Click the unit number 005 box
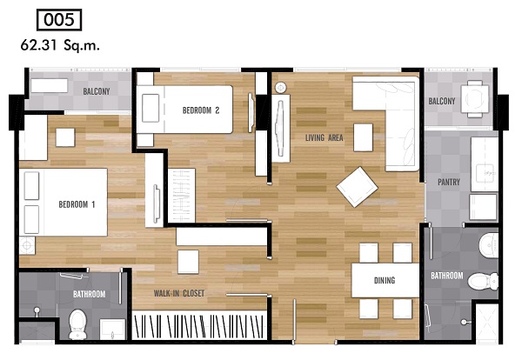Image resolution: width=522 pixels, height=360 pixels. [59, 20]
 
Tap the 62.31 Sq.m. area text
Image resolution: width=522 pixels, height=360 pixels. [60, 45]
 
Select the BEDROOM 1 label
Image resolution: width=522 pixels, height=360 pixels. [77, 204]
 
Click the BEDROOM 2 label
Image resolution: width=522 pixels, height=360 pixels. [201, 110]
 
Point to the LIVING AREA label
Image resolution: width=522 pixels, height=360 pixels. [324, 137]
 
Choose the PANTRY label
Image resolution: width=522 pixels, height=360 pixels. [448, 182]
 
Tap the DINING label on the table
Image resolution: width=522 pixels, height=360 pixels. [385, 281]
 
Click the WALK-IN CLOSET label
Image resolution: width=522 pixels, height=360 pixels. [178, 293]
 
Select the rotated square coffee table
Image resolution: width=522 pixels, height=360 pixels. [357, 187]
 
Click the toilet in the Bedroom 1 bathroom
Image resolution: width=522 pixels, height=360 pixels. [77, 324]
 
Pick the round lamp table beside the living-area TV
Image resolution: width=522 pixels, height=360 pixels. [280, 88]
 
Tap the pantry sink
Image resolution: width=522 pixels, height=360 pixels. [485, 173]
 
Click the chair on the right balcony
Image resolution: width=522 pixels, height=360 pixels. [475, 99]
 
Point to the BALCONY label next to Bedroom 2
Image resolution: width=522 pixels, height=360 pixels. [97, 91]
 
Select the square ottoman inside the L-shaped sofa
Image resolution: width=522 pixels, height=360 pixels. [363, 137]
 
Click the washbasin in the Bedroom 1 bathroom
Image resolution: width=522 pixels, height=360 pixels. [112, 330]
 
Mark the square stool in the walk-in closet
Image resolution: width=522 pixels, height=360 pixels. [188, 262]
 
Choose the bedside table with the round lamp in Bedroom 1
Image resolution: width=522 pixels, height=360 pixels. [27, 245]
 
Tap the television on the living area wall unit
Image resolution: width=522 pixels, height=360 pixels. [280, 129]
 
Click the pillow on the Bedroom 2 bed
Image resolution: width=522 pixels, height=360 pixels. [151, 108]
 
